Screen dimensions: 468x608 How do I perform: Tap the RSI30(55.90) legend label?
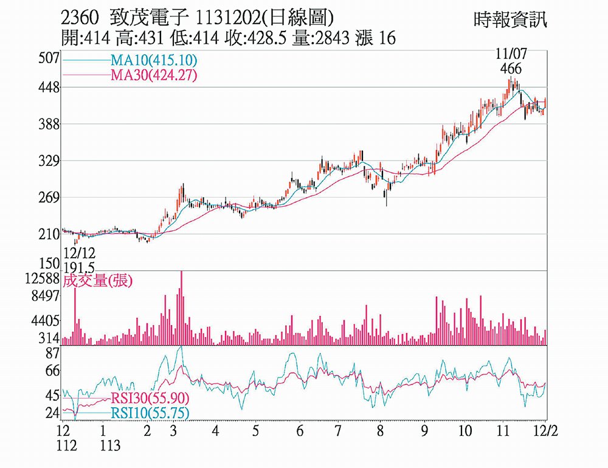150,399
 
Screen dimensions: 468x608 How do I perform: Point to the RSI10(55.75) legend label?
150,413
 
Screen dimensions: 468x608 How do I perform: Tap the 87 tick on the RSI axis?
52,353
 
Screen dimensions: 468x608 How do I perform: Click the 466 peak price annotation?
511,69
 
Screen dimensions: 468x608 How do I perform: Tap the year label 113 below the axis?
109,446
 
